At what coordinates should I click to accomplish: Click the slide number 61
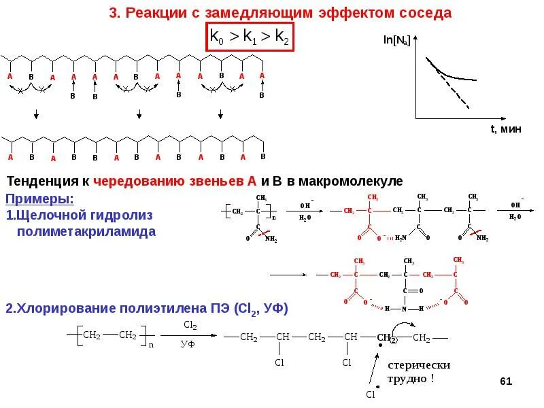tap(505, 381)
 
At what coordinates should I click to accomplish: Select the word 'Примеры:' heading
tap(39, 199)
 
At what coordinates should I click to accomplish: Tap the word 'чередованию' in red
tap(133, 182)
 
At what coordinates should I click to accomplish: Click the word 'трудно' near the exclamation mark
tap(406, 378)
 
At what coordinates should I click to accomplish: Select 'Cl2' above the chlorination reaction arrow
tap(190, 326)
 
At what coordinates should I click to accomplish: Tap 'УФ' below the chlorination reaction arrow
tap(188, 345)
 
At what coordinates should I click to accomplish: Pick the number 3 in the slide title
tap(113, 13)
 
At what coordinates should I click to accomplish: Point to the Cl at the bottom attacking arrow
tap(370, 394)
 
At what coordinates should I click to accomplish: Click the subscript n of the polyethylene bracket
tap(151, 345)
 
